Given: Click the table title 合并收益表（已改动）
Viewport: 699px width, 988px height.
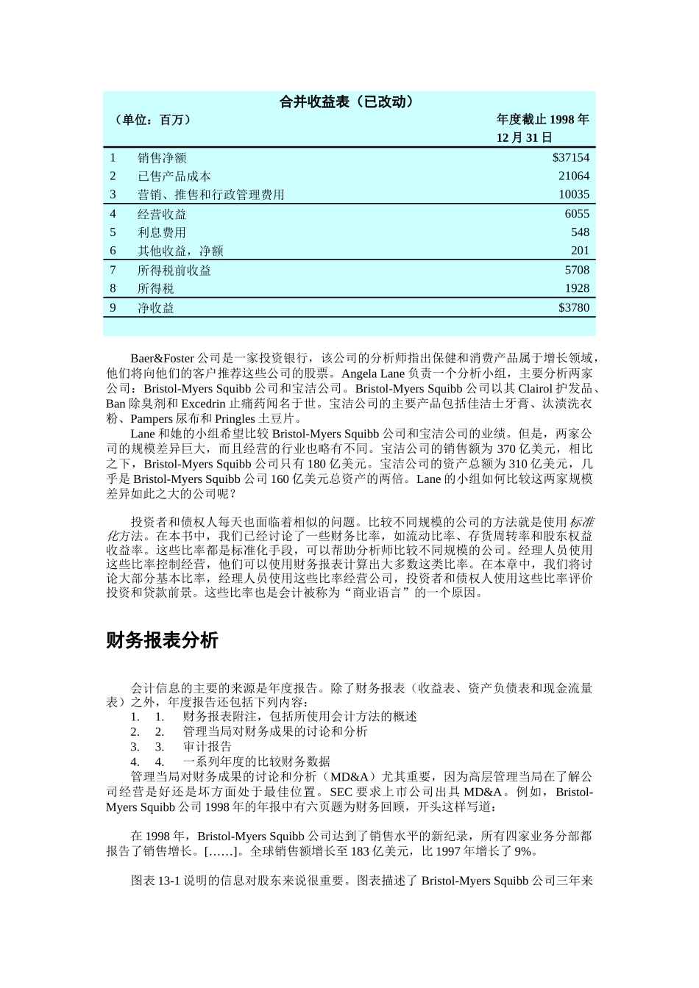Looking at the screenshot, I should (349, 101).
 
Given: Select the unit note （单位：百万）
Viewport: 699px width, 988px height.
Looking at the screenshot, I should (152, 120).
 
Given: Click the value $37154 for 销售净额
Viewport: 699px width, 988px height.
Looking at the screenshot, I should (571, 157).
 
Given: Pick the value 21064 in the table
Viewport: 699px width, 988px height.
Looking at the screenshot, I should (574, 176).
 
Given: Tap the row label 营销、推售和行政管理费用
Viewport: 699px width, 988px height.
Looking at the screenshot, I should (210, 195).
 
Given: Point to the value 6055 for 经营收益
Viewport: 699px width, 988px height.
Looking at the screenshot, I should (577, 214).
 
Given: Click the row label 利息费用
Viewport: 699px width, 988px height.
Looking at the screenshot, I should (162, 232).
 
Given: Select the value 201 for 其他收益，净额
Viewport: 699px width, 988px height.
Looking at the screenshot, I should (580, 251).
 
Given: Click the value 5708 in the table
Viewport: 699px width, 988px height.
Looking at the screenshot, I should (577, 270).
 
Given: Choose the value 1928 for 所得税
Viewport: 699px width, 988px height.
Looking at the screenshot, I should (577, 288).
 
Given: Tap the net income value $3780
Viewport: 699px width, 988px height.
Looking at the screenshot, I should (574, 307).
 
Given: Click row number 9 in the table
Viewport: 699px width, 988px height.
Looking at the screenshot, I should (113, 307).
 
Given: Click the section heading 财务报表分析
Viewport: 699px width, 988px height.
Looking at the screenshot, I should (162, 640).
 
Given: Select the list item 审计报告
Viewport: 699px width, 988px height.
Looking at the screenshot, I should (207, 746).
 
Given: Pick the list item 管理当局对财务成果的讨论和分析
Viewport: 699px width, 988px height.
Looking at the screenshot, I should (275, 731).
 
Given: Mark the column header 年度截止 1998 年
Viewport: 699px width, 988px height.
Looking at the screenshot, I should (542, 120).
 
